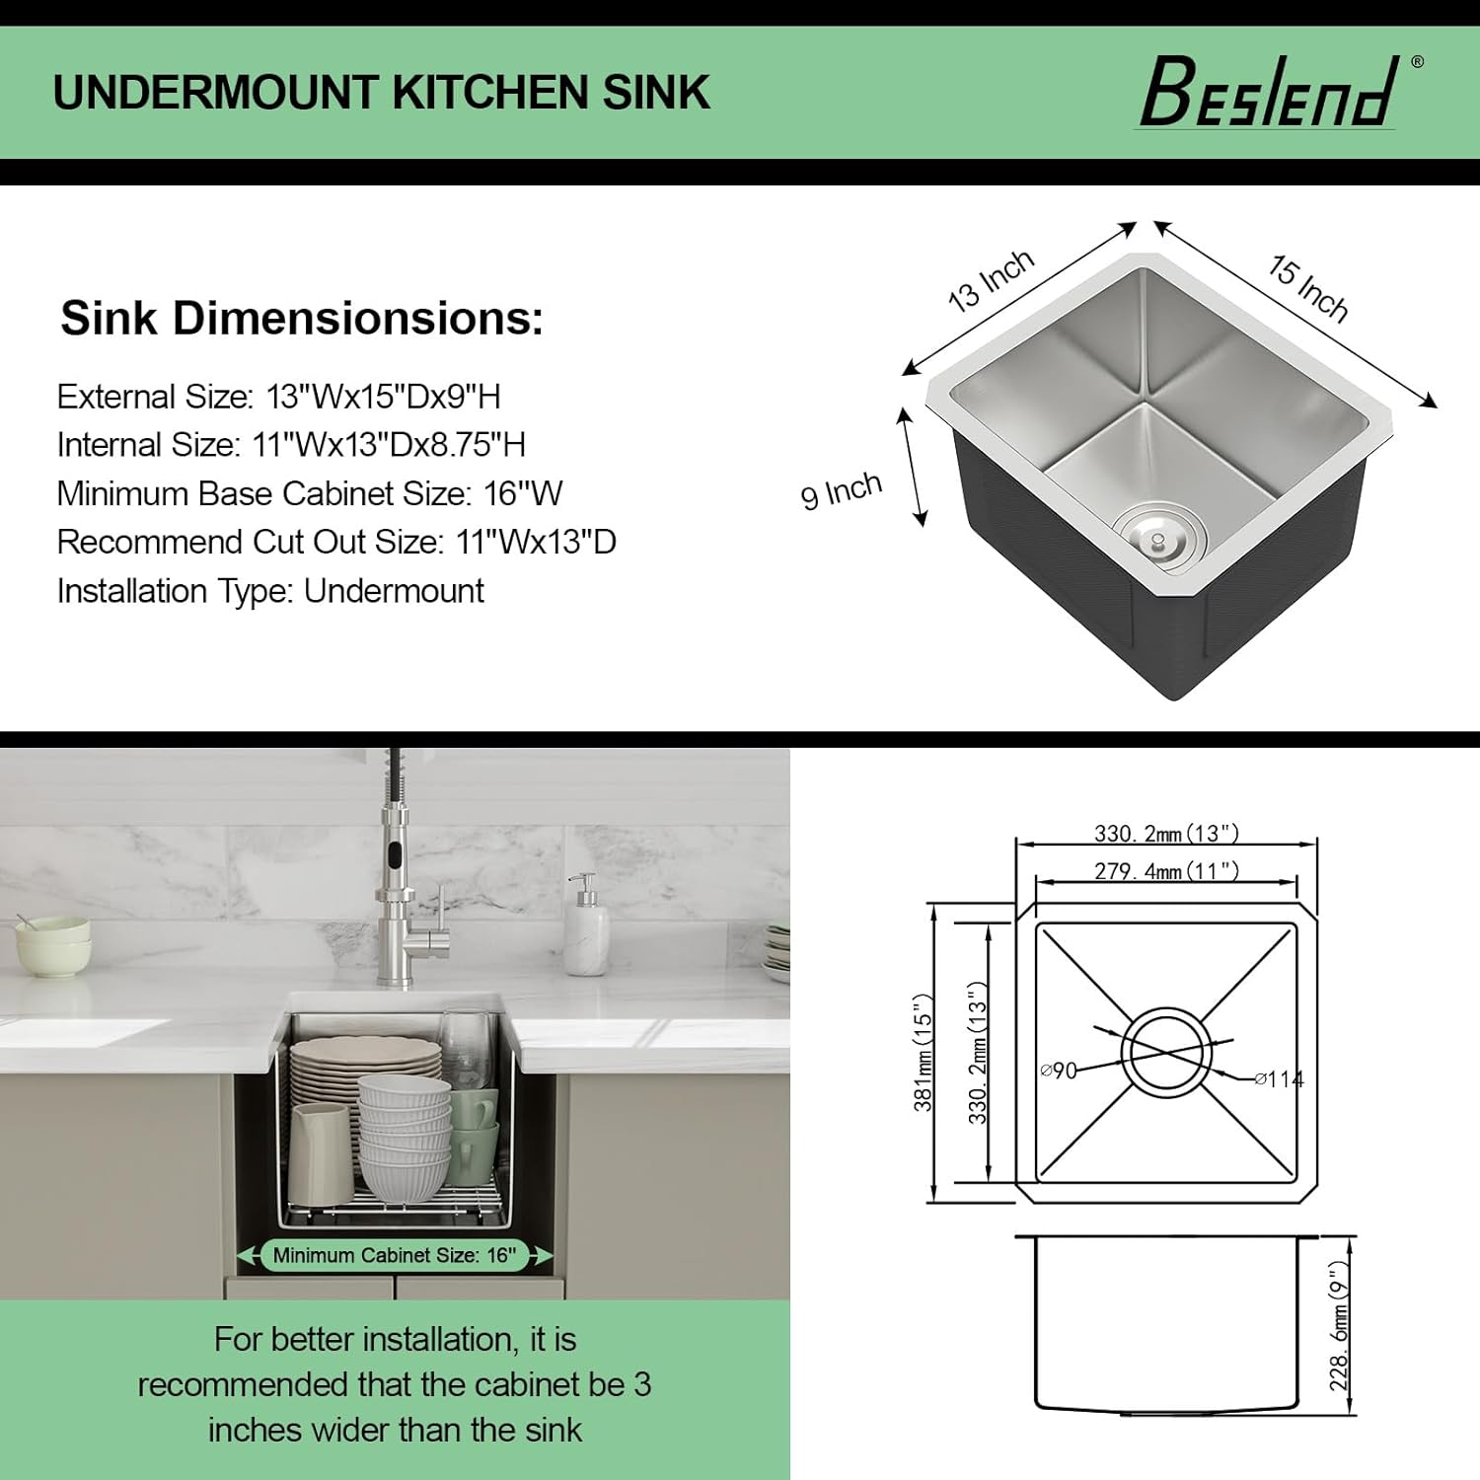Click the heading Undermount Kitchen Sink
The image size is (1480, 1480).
click(381, 93)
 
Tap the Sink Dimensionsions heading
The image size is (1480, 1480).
click(302, 319)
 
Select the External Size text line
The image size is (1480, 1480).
click(278, 397)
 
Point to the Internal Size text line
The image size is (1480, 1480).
click(290, 445)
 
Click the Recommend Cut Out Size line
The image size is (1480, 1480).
click(335, 542)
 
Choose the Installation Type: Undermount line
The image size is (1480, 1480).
click(269, 591)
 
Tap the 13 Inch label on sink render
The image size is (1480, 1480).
click(991, 280)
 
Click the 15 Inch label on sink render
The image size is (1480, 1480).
click(1307, 288)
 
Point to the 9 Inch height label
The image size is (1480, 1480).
click(841, 489)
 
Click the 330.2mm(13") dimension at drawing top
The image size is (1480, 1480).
click(1165, 834)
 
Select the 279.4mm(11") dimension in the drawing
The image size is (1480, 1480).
click(1165, 871)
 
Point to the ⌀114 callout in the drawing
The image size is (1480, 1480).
click(1280, 1079)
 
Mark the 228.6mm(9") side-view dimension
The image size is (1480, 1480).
click(1339, 1326)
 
